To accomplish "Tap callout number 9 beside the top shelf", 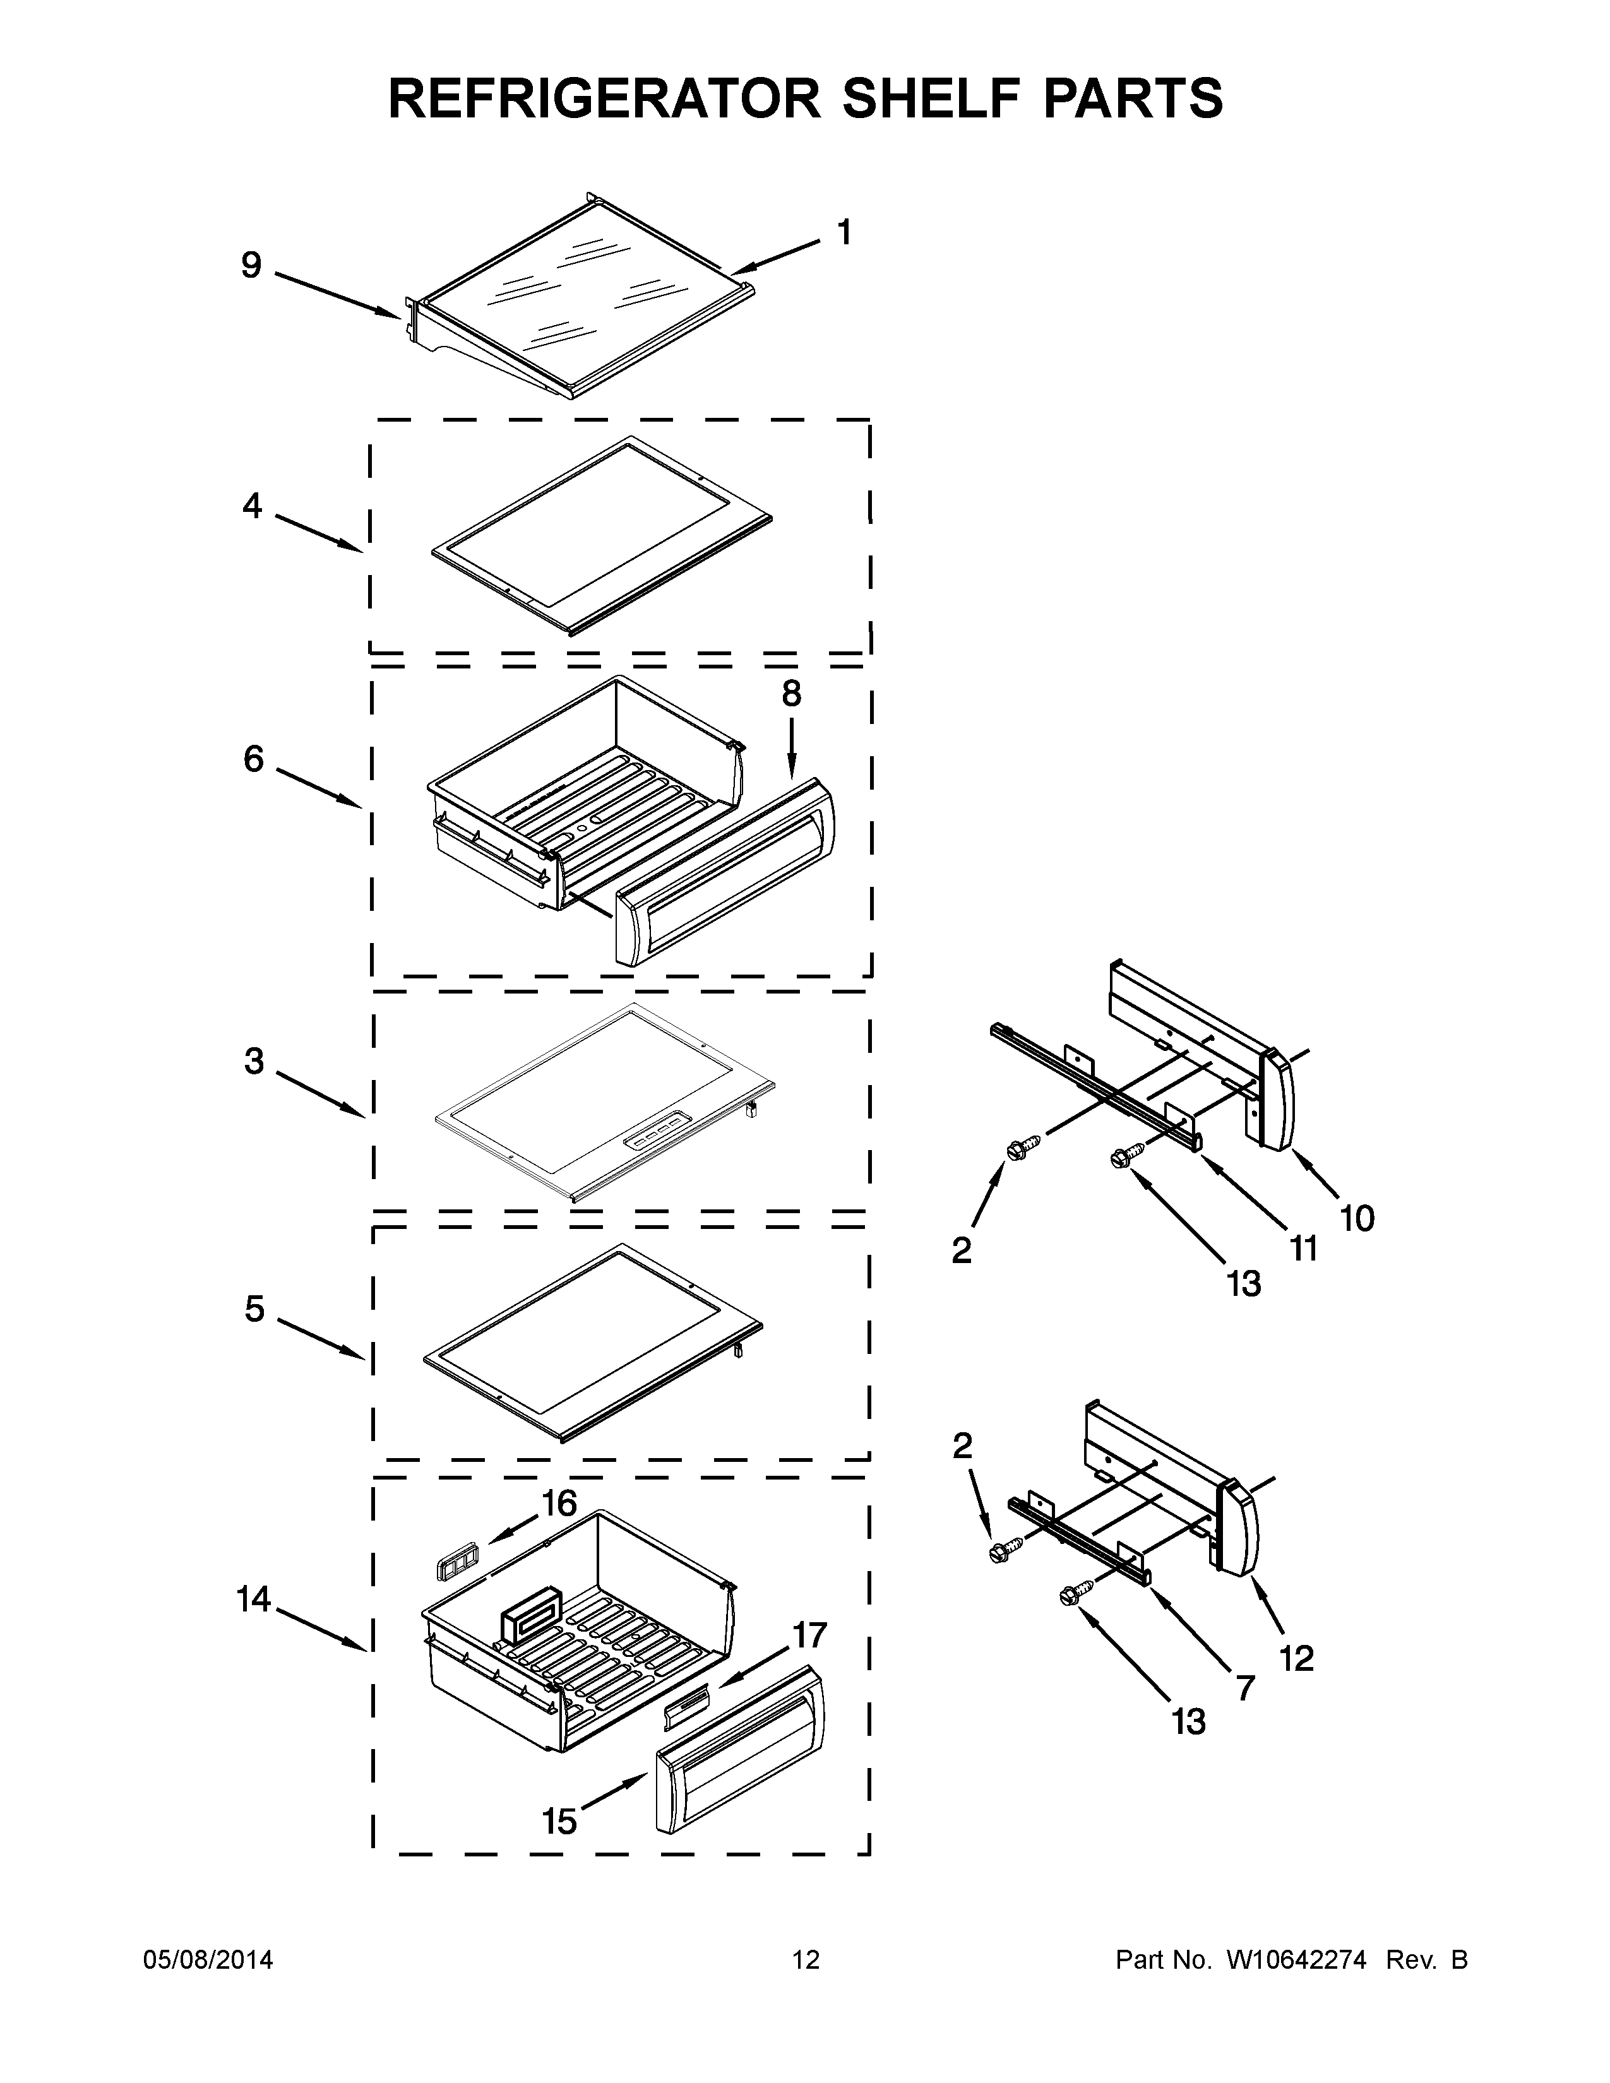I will tap(251, 265).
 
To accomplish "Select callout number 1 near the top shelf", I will tap(843, 232).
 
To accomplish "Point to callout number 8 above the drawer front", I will tap(790, 693).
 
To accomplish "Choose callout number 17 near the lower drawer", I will tap(809, 1635).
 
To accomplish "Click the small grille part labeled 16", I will tap(451, 1564).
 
